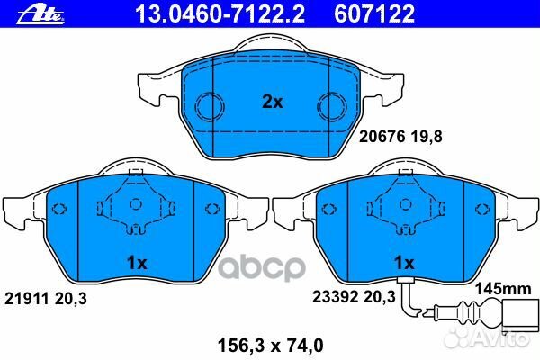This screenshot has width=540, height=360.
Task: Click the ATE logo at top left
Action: pyautogui.click(x=29, y=13)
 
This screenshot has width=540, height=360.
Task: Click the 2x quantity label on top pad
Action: pyautogui.click(x=272, y=103)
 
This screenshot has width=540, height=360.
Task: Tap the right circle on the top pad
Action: pyautogui.click(x=333, y=104)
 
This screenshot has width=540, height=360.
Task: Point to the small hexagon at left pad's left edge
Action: pyautogui.click(x=60, y=211)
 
